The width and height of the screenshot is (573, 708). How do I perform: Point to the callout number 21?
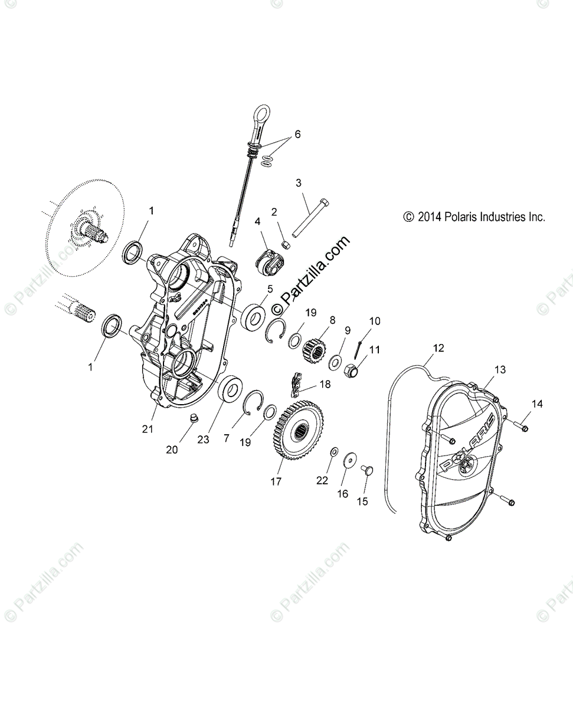tap(148, 429)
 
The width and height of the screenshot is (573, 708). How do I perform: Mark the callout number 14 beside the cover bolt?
tap(537, 404)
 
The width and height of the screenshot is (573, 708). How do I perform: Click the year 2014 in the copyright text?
tap(430, 217)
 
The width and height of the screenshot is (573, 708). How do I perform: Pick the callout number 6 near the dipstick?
tap(297, 135)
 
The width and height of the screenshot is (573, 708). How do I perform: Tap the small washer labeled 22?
tap(333, 452)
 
